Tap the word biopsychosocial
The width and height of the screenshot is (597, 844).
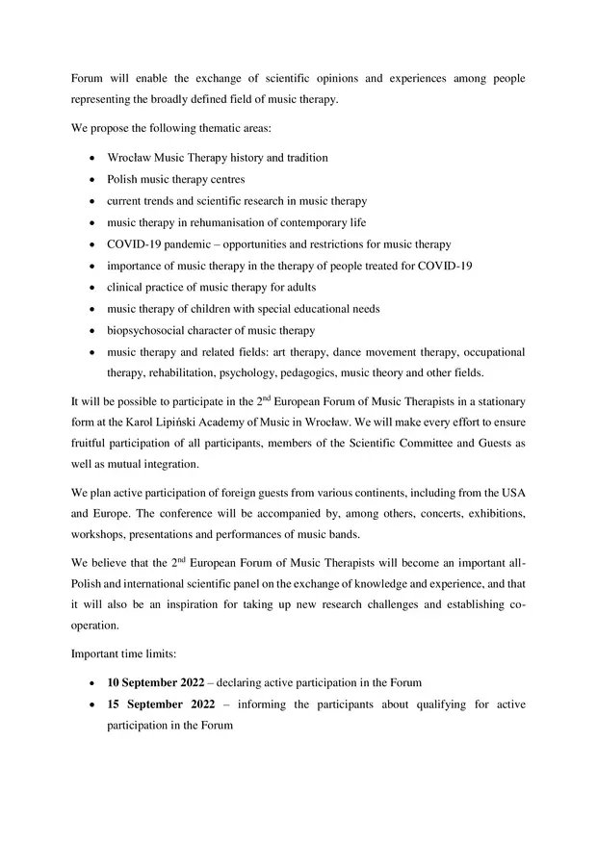(x=146, y=330)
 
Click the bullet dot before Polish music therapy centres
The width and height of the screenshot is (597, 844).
(x=91, y=180)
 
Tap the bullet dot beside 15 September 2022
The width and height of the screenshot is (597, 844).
(x=91, y=705)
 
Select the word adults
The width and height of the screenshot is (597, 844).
(x=298, y=287)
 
